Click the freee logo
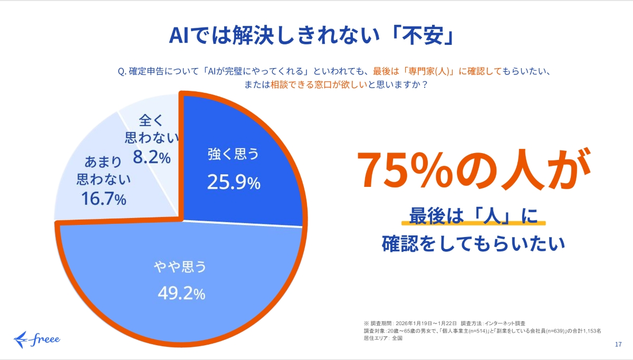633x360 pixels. [x=37, y=337]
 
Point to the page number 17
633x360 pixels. [x=618, y=345]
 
